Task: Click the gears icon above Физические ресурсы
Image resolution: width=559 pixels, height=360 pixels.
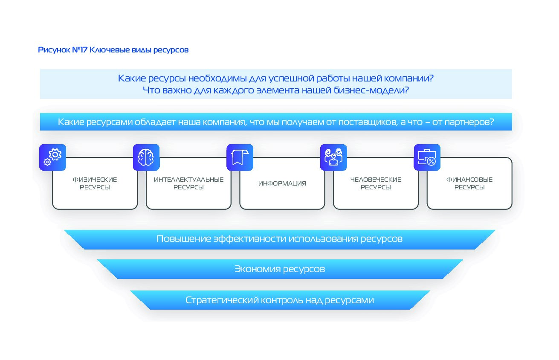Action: point(52,157)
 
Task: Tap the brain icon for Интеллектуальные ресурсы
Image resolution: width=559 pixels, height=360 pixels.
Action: point(146,157)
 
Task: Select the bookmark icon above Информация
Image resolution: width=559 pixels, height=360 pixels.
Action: point(240,157)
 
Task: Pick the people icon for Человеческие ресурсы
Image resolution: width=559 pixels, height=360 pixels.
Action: point(333,157)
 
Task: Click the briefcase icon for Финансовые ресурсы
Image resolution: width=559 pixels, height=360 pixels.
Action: point(427,157)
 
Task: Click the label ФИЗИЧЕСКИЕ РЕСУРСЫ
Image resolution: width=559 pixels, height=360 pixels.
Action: point(95,183)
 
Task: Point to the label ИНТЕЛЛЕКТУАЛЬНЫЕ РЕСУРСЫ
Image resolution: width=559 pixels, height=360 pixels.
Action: point(188,183)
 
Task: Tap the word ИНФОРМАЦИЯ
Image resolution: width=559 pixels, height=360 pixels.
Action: point(282,183)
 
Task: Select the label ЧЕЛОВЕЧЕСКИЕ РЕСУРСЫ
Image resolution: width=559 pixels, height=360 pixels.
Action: point(376,183)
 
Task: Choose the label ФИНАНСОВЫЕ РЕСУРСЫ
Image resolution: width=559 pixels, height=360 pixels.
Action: point(469,183)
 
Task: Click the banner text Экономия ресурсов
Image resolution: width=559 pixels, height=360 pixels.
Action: point(280,269)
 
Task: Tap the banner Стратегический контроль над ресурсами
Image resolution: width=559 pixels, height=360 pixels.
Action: point(280,300)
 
